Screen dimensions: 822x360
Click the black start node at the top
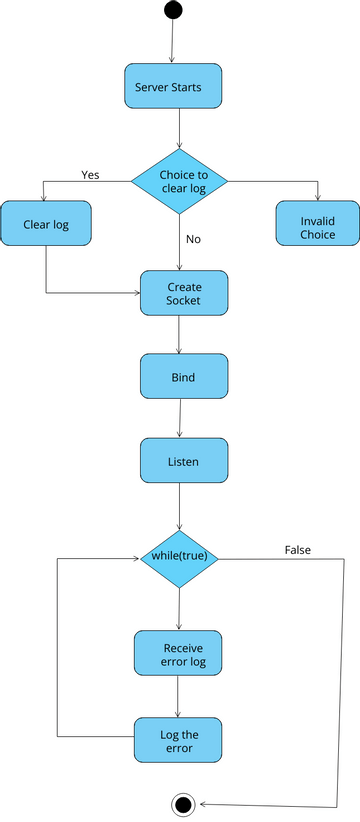[173, 10]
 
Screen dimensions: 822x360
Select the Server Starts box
[172, 87]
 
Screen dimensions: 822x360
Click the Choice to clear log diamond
[180, 181]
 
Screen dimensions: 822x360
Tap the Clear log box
[46, 224]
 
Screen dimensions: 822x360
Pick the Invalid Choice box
[317, 227]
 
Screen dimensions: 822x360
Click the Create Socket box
[184, 293]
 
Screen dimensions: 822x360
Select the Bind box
[184, 378]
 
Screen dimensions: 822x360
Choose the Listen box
[183, 462]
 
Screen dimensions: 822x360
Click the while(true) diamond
[179, 556]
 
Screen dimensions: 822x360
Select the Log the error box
[178, 741]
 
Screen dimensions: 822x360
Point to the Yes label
[90, 174]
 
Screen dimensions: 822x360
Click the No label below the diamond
[193, 239]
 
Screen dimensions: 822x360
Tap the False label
[297, 550]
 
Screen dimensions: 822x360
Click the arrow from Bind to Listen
[180, 420]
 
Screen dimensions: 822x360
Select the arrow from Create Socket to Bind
[179, 335]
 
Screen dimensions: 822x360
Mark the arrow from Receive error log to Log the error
[178, 697]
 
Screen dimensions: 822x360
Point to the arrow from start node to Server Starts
[173, 42]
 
